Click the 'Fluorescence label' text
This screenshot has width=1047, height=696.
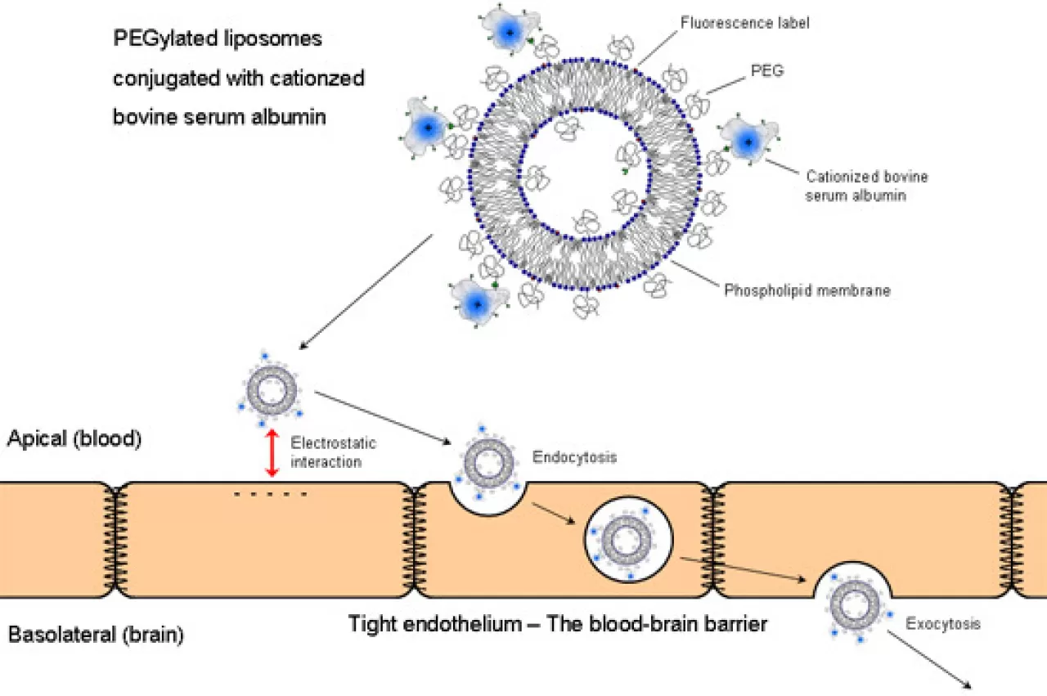pos(744,23)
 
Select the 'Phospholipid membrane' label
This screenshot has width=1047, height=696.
pos(807,290)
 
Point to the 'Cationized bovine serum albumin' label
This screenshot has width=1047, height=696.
pos(866,186)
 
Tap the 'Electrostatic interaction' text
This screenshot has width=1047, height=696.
pos(333,452)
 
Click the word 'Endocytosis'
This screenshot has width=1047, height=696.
pos(574,457)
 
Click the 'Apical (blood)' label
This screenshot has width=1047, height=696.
pos(74,438)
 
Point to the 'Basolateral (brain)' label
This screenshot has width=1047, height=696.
pos(96,634)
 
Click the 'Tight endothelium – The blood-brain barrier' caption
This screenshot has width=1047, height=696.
pos(558,624)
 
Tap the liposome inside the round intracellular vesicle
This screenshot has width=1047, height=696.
pos(627,541)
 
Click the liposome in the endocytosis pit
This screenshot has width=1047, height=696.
pos(488,457)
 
